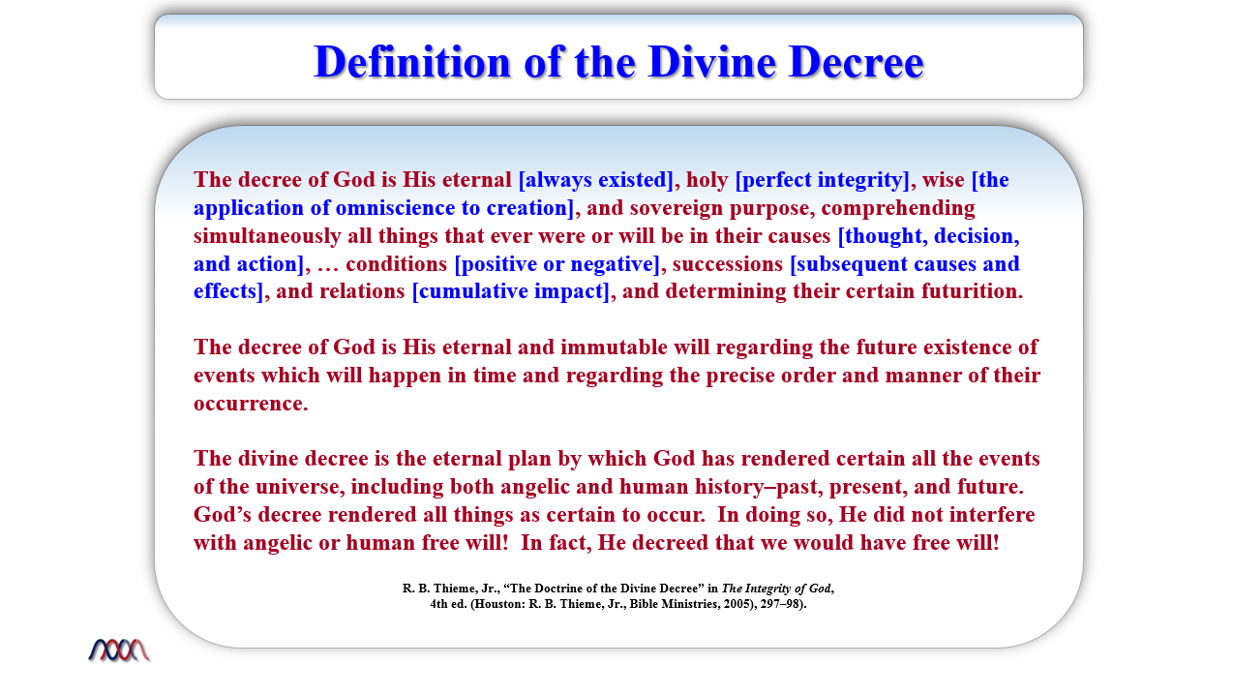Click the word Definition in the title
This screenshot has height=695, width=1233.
[412, 62]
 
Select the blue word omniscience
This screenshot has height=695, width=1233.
[395, 208]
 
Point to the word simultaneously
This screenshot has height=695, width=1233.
[267, 237]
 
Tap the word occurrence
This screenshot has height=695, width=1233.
[251, 405]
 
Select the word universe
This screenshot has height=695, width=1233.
[300, 488]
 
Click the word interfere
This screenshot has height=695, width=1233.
[992, 515]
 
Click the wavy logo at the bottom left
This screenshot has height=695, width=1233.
[119, 650]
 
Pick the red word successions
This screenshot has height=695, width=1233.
[728, 265]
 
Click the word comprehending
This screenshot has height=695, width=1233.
[898, 209]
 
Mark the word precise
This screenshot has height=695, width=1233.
[741, 377]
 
